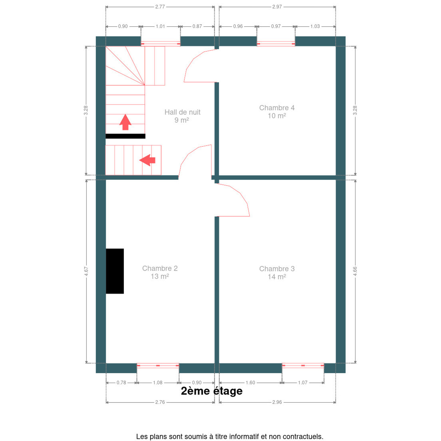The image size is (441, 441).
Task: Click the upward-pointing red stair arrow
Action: coord(125,122)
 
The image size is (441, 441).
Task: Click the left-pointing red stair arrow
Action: coord(147,160)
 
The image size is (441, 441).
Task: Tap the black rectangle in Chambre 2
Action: coord(115,271)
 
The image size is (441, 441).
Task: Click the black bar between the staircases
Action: coord(125,136)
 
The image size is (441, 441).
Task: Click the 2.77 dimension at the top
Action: coord(160,7)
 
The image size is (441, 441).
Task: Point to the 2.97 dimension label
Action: coord(277,7)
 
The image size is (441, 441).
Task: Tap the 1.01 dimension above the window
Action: coord(160,26)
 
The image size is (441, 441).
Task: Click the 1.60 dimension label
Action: coord(250,383)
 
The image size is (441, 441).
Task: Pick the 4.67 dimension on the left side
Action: coord(86,271)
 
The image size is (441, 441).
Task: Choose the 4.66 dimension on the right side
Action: coord(355,271)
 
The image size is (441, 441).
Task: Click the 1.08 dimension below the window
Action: coord(158,383)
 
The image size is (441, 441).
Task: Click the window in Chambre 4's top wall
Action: coord(276,43)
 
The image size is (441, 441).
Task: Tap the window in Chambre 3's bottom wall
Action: coord(303,366)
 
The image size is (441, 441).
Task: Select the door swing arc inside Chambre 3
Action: coord(240,193)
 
